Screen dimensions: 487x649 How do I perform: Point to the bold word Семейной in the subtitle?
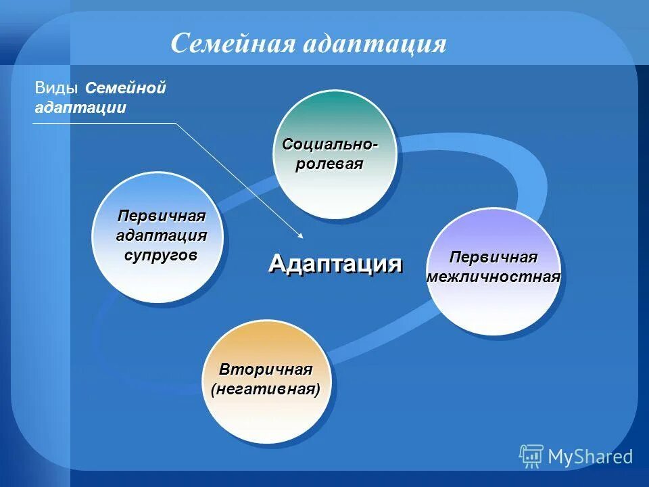point(126,89)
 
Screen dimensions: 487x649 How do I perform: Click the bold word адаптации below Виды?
point(80,108)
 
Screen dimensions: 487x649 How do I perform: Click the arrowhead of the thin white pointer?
point(300,236)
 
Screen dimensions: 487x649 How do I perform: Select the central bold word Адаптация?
point(335,263)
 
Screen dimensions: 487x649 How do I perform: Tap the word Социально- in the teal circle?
point(329,144)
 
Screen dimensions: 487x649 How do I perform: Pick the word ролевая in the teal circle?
point(329,164)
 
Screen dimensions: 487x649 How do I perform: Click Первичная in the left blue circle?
point(161,216)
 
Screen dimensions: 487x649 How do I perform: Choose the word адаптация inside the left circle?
point(161,235)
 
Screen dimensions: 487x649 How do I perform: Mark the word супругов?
point(161,255)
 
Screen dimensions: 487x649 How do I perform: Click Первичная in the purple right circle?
point(493,258)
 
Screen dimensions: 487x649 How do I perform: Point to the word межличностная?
point(494,277)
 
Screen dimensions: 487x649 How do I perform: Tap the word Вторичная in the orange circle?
point(266,369)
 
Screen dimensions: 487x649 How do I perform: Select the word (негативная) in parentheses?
point(266,390)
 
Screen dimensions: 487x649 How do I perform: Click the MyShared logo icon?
point(531,457)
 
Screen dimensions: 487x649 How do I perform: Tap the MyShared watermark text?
point(590,457)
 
